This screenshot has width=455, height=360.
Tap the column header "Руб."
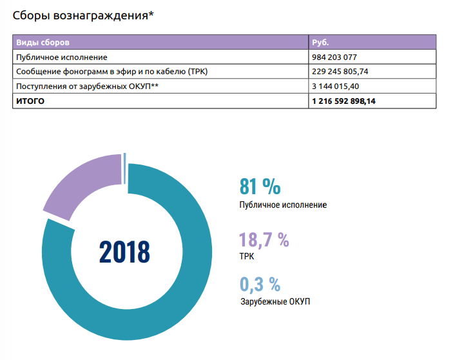tap(321, 43)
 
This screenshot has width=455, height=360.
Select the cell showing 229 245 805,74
tap(349, 72)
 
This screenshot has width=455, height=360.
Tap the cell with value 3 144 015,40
tap(342, 86)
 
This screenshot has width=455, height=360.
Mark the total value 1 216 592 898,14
tap(353, 101)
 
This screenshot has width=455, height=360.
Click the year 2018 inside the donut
tap(124, 251)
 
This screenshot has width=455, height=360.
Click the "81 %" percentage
tap(260, 186)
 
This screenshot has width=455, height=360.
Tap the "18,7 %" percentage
tap(264, 240)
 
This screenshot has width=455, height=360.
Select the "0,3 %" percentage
tap(260, 284)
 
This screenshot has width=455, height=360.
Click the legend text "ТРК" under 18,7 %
tap(246, 256)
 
